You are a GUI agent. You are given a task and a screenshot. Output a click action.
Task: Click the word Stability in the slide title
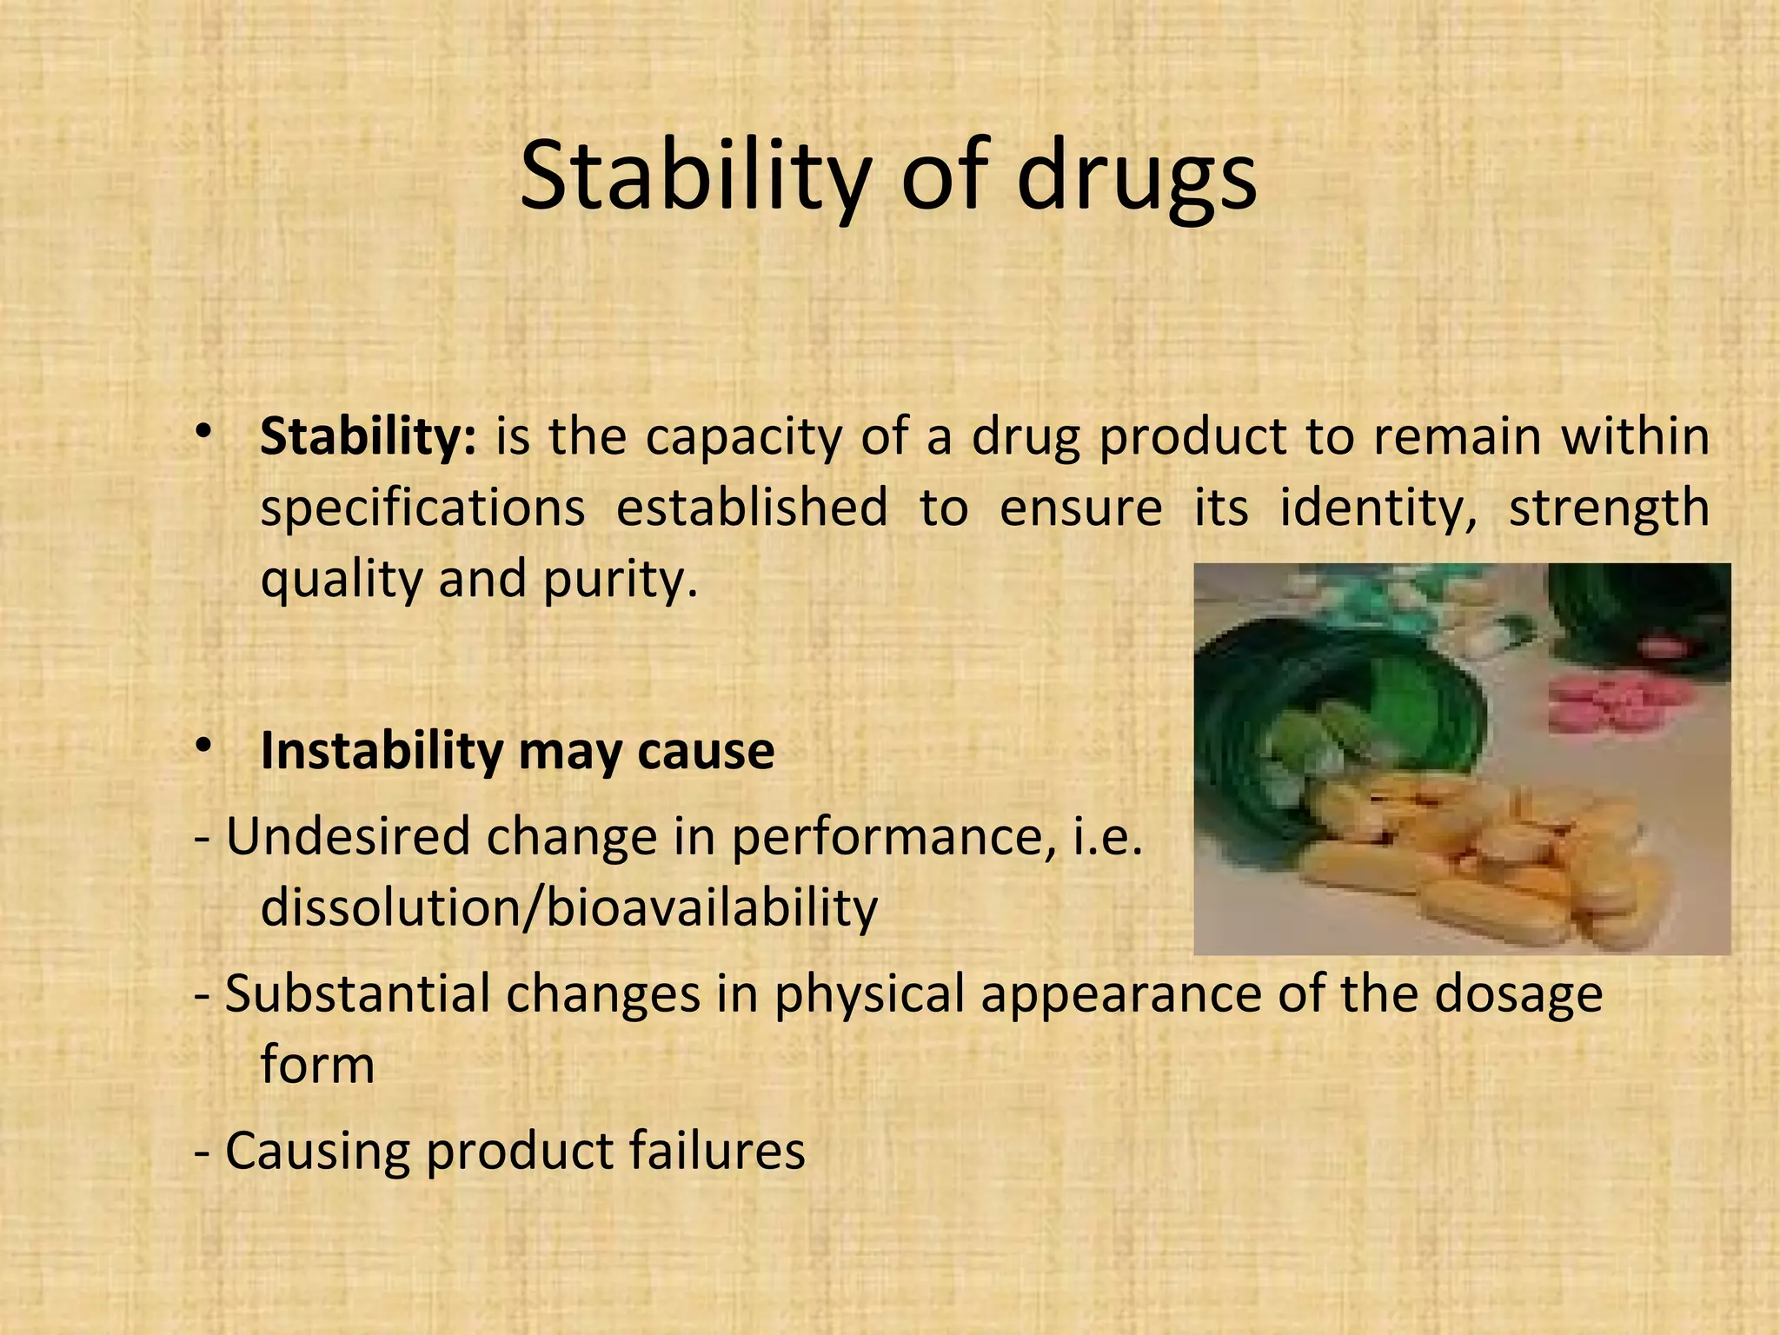point(695,178)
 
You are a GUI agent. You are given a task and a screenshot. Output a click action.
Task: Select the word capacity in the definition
point(744,436)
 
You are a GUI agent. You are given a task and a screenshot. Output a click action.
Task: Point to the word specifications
point(422,508)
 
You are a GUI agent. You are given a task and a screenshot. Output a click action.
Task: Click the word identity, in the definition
point(1378,508)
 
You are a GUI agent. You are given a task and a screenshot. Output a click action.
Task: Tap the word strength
point(1608,508)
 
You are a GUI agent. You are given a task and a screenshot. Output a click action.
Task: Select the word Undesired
point(347,836)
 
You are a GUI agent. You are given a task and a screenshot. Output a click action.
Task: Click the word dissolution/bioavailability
point(569,907)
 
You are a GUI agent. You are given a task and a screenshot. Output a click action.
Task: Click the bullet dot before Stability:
point(203,432)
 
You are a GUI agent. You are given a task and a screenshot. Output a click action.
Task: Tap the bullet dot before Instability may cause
point(203,746)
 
